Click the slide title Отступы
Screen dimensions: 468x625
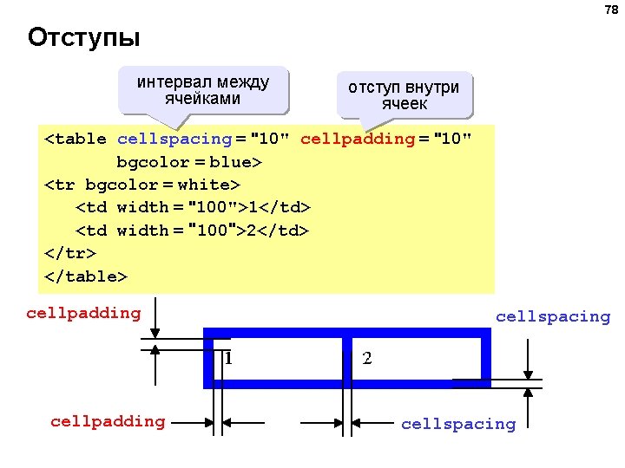83,39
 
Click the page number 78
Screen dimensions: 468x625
610,10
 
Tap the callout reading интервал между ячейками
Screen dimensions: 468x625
203,91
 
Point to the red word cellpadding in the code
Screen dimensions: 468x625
358,139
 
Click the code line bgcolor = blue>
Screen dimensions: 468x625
189,162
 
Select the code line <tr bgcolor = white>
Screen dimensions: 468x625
141,185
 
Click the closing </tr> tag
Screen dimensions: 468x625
69,253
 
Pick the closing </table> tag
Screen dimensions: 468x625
85,276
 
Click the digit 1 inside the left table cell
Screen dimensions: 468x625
227,357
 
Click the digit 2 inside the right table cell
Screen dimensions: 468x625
367,357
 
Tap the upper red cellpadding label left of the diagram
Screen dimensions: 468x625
83,313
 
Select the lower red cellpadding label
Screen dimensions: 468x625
108,421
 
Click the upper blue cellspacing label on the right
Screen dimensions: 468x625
553,316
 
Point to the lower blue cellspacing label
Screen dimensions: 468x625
457,424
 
